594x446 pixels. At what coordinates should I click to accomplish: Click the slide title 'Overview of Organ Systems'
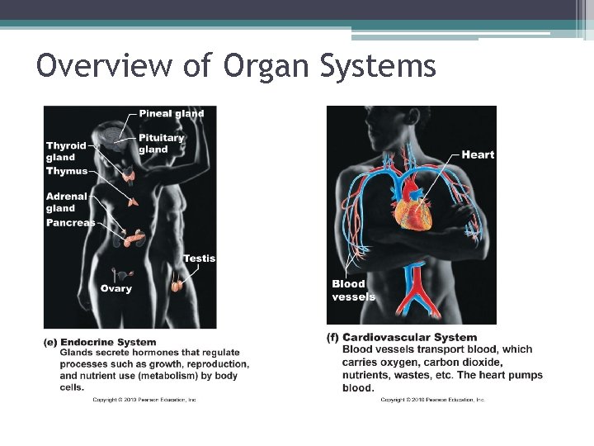pos(236,65)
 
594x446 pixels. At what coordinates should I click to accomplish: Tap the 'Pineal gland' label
pos(171,113)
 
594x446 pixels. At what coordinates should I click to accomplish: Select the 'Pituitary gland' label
pos(161,144)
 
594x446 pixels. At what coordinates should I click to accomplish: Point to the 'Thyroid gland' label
pos(66,151)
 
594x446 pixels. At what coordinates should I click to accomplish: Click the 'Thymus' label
pos(67,171)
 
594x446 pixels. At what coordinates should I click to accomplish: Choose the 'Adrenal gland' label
pos(67,202)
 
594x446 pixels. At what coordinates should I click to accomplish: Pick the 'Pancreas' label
pos(70,223)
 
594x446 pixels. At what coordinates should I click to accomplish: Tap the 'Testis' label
pos(199,259)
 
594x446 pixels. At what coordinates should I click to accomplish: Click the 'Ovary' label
pos(115,288)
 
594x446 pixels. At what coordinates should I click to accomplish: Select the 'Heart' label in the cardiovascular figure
pos(478,154)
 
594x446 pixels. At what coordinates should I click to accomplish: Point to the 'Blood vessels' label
pos(353,290)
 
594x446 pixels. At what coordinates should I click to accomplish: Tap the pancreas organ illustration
pos(132,239)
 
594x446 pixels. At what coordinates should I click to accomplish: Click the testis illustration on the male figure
pos(177,286)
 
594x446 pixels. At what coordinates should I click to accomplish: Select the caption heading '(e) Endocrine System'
pos(100,342)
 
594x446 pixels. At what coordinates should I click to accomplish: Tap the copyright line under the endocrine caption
pos(144,400)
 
